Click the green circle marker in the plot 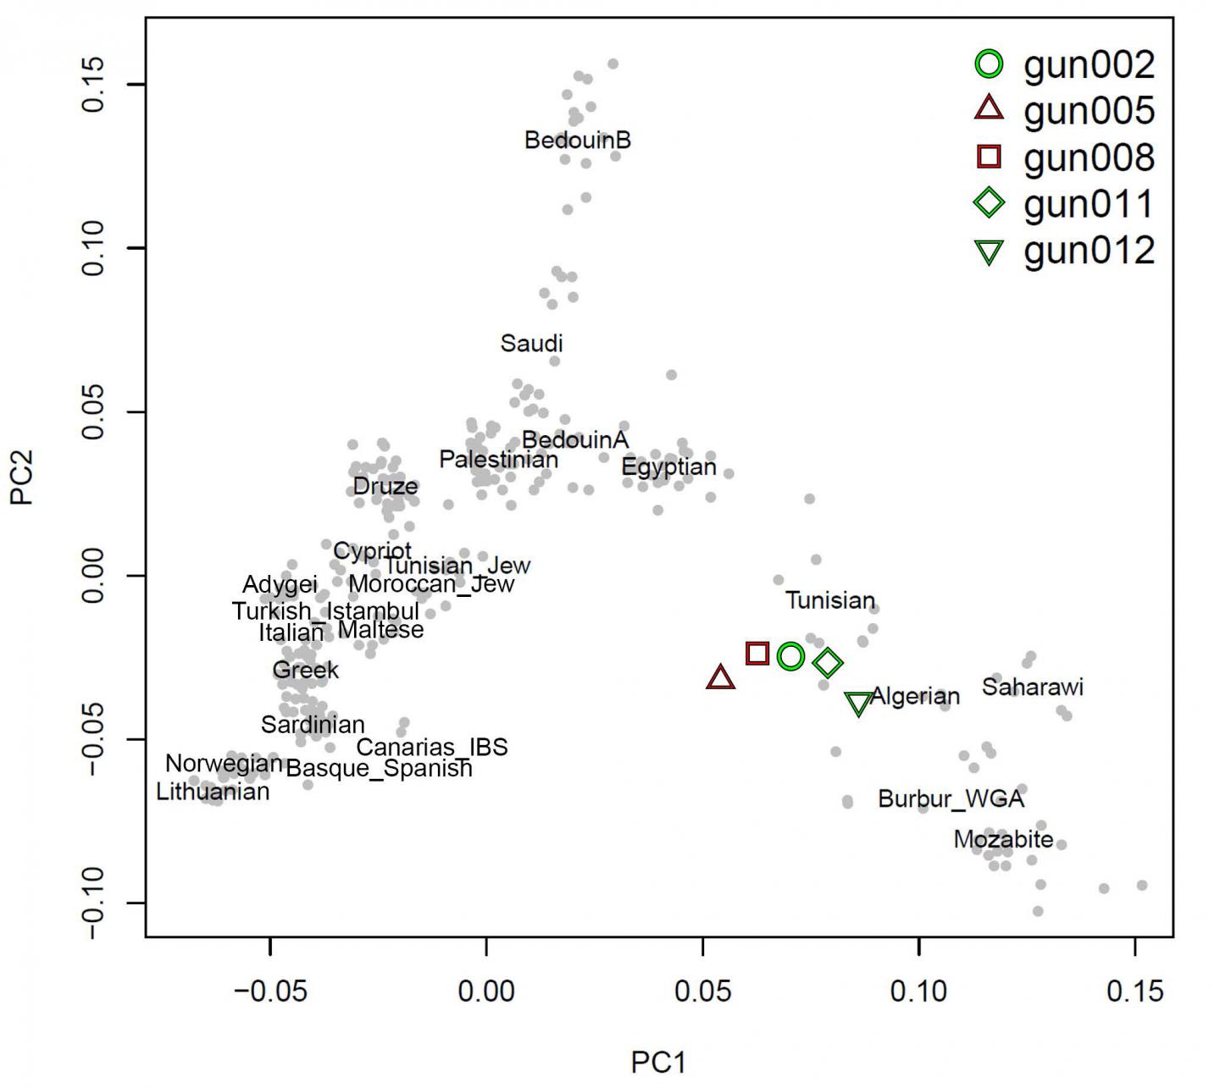[x=790, y=655]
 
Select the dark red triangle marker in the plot [x=720, y=678]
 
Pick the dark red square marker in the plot [x=757, y=653]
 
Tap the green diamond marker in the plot [x=828, y=663]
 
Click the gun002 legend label [x=1089, y=65]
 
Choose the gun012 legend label [x=1089, y=251]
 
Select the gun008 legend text [x=1089, y=157]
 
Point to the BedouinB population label [x=578, y=140]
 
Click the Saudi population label [x=531, y=344]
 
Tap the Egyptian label [x=668, y=467]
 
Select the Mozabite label [x=1003, y=839]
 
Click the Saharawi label [x=1032, y=687]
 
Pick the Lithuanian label [x=213, y=792]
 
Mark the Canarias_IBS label [x=431, y=747]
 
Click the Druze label [x=385, y=486]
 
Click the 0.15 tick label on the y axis [x=92, y=85]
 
